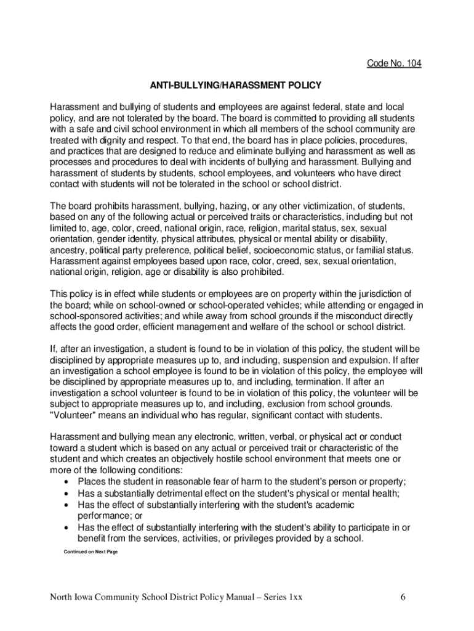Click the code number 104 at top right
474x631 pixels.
(394, 63)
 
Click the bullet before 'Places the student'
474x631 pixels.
(66, 481)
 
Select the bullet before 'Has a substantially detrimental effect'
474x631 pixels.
(66, 493)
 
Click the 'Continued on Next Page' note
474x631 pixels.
(90, 552)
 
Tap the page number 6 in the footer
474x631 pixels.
(401, 597)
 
